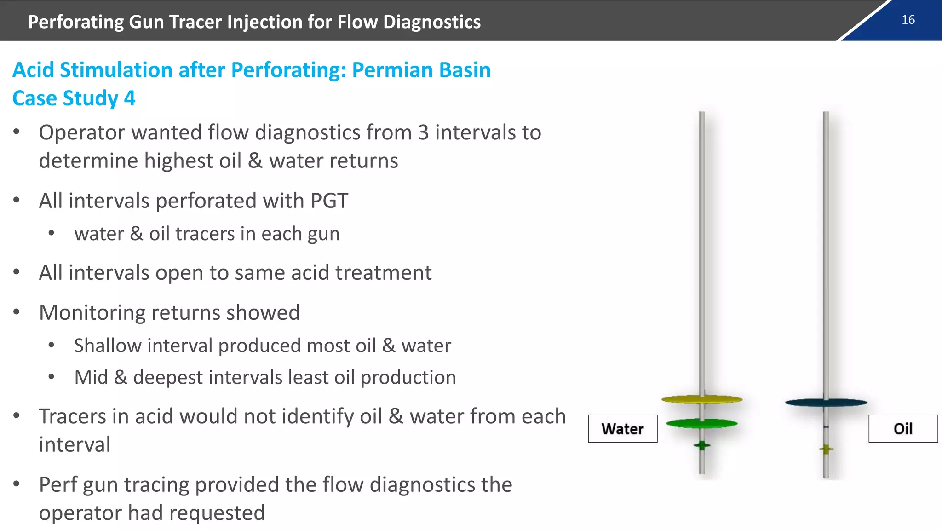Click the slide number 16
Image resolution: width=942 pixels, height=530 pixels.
click(x=908, y=20)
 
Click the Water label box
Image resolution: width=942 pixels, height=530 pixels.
click(x=622, y=429)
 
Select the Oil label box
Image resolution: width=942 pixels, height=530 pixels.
click(x=903, y=429)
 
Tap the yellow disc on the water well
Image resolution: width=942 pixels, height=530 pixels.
click(x=702, y=399)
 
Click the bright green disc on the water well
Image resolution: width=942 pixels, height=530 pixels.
click(x=702, y=423)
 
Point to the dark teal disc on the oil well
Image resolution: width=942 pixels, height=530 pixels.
click(x=826, y=403)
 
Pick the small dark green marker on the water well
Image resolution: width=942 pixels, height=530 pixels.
click(x=702, y=445)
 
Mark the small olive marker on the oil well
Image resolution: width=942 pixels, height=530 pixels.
click(x=826, y=449)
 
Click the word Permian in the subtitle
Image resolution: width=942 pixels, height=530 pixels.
click(x=392, y=70)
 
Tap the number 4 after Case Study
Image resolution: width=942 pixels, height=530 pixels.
click(x=130, y=98)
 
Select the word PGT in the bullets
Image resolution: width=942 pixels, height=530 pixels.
click(x=329, y=201)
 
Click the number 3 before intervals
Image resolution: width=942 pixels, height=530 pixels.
click(x=423, y=132)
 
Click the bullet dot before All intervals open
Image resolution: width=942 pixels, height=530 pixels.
click(x=17, y=272)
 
